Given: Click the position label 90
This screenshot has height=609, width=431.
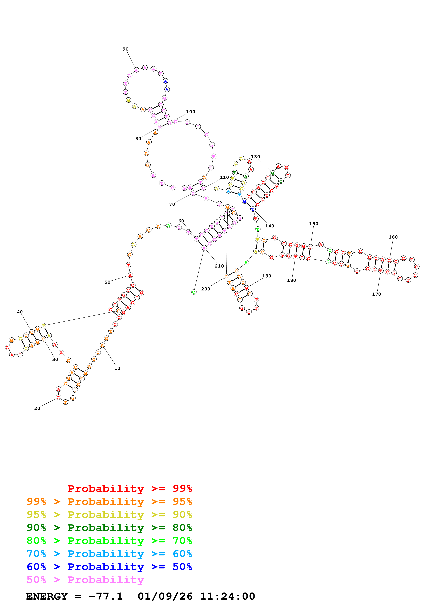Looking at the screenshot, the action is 125,49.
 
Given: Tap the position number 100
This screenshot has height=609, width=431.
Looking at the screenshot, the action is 190,112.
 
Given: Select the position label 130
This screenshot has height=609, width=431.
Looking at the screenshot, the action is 255,157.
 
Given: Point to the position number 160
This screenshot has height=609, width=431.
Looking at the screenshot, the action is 393,237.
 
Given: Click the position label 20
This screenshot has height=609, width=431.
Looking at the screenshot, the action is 37,408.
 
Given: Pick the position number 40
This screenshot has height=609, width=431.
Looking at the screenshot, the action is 20,312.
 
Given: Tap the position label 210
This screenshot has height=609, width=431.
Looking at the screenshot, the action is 219,266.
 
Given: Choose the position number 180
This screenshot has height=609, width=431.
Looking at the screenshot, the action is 291,280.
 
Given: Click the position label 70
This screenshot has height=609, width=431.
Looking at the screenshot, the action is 172,204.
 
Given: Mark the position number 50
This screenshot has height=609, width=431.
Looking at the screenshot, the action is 107,282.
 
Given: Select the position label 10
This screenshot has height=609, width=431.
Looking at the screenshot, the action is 117,368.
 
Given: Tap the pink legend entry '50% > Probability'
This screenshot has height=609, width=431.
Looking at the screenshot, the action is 85,580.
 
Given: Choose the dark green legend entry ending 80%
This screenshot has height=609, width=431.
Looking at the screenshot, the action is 109,528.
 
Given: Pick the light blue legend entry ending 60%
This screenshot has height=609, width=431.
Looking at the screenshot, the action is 109,554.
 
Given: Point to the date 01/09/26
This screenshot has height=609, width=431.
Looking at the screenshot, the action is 165,597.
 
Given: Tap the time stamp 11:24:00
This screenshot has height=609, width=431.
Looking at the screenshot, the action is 228,597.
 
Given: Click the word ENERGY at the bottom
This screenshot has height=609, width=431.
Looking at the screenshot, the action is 47,597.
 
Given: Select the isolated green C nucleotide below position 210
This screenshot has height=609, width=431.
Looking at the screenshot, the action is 194,292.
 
